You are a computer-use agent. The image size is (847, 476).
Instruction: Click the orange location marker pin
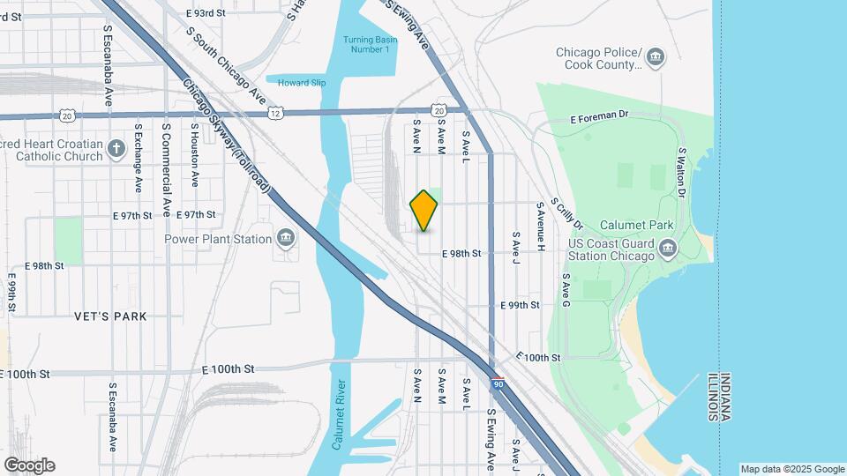tap(424, 211)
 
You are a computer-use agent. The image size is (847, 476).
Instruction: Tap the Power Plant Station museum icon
tap(286, 238)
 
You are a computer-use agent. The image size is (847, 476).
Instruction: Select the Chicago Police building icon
tap(656, 58)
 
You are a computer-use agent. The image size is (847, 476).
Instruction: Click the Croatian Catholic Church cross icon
tap(116, 148)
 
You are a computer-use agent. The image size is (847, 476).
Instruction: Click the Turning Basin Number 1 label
tap(365, 44)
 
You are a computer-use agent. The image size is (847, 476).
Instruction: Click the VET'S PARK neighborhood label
tap(111, 316)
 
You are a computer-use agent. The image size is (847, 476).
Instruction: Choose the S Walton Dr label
tap(681, 175)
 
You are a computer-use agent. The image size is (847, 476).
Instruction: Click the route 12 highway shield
tap(276, 114)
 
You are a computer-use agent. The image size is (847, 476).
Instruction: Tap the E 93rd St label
tap(207, 14)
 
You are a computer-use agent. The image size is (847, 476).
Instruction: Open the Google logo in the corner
tap(29, 465)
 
